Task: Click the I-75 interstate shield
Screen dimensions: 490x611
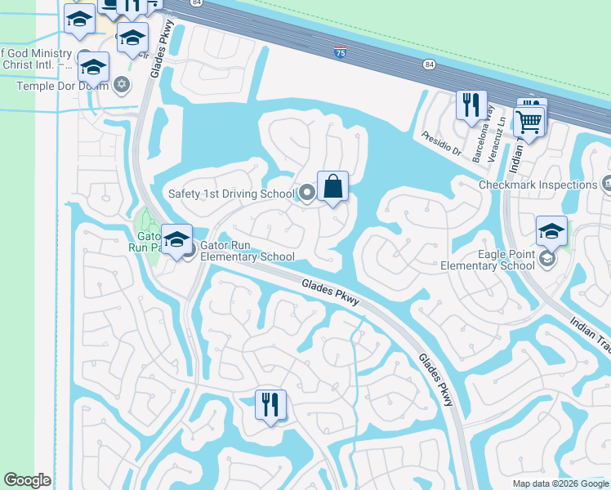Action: [339, 52]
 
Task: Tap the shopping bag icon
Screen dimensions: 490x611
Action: [333, 187]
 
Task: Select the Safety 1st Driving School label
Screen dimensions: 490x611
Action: [230, 194]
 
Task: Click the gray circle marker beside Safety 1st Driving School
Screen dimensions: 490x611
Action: [307, 194]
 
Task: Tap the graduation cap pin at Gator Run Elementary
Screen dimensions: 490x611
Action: [176, 239]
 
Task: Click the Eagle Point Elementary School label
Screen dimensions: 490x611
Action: [488, 260]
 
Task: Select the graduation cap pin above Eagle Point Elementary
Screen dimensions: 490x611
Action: [551, 231]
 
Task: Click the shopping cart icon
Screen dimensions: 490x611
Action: [529, 122]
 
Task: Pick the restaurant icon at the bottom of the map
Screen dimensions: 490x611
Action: [270, 404]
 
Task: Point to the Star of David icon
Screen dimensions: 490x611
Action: [123, 85]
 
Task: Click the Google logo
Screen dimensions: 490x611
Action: [27, 480]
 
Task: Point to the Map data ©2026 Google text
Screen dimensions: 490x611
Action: [560, 483]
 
